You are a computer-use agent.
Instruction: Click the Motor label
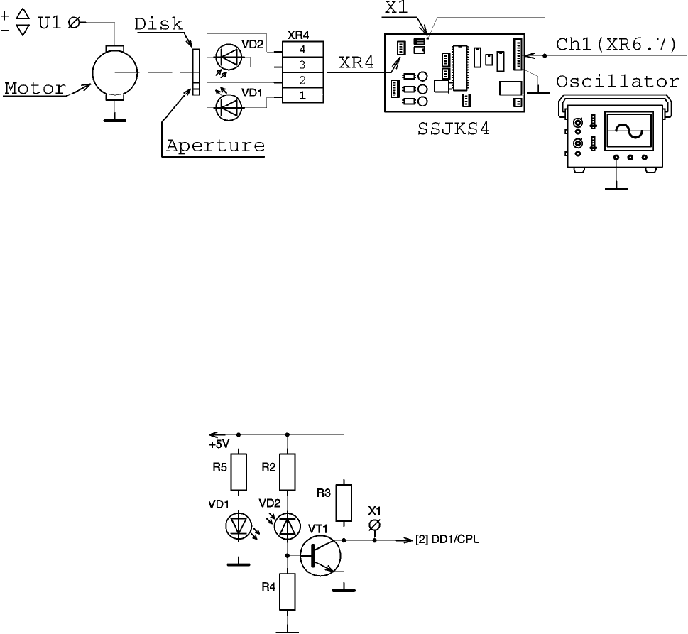click(x=35, y=88)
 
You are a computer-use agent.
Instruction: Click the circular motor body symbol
click(x=115, y=72)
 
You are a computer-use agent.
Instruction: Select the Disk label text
click(x=158, y=24)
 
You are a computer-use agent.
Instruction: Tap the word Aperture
click(x=215, y=146)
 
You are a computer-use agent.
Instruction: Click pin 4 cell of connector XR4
click(x=302, y=49)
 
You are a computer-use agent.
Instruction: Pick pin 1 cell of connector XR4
click(x=302, y=95)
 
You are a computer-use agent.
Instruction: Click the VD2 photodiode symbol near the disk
click(x=229, y=57)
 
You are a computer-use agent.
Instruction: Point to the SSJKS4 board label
click(x=453, y=129)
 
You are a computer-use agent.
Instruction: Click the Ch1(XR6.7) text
click(x=616, y=44)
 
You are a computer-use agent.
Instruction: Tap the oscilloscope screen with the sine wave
click(x=629, y=130)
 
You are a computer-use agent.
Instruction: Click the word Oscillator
click(x=618, y=82)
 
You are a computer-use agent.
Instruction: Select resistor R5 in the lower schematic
click(x=239, y=472)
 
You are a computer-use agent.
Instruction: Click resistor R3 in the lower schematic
click(x=344, y=503)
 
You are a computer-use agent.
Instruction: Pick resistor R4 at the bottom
click(x=288, y=591)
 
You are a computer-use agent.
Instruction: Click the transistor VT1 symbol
click(x=320, y=556)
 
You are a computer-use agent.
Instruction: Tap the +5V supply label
click(x=219, y=444)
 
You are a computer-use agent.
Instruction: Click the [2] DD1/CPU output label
click(x=447, y=540)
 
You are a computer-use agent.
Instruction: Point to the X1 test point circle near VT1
click(x=374, y=525)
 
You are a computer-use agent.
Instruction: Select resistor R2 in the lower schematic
click(x=288, y=472)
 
